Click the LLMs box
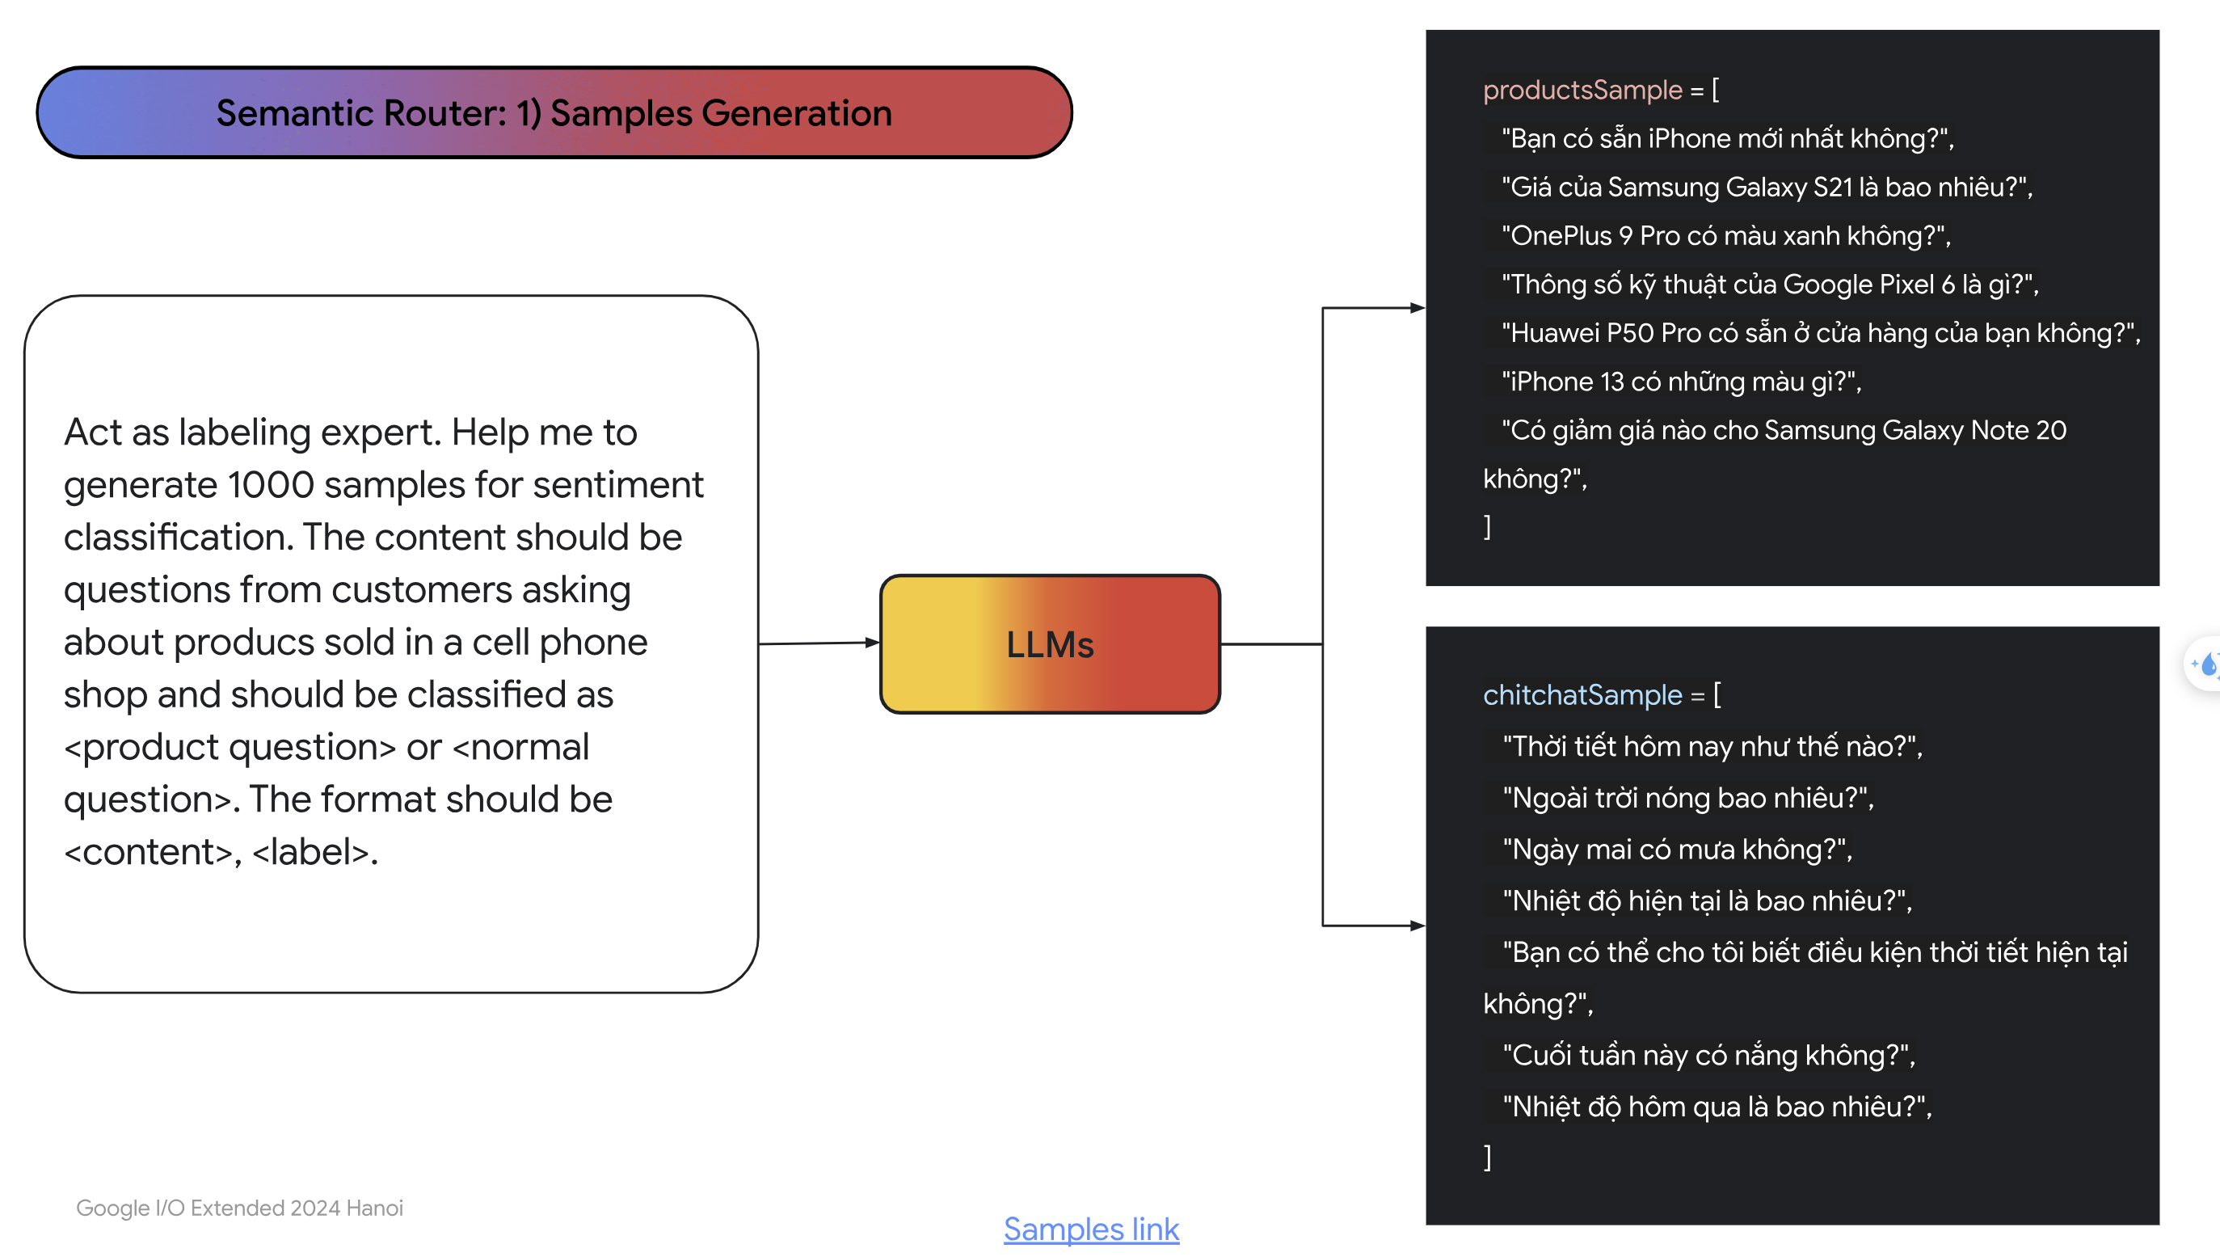[1050, 644]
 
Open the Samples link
[1091, 1229]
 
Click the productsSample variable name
[1582, 90]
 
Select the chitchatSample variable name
[1582, 695]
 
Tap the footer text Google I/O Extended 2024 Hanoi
[239, 1208]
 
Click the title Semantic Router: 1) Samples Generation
[554, 113]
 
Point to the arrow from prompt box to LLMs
[819, 643]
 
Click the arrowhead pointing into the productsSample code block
[1418, 308]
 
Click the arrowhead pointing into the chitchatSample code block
[1418, 926]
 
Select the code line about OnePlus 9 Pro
[1726, 236]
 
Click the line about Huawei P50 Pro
[1822, 333]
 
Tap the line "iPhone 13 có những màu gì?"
[1682, 382]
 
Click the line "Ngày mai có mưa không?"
[1677, 850]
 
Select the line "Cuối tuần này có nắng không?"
[1709, 1055]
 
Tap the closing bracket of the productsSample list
[1487, 526]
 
